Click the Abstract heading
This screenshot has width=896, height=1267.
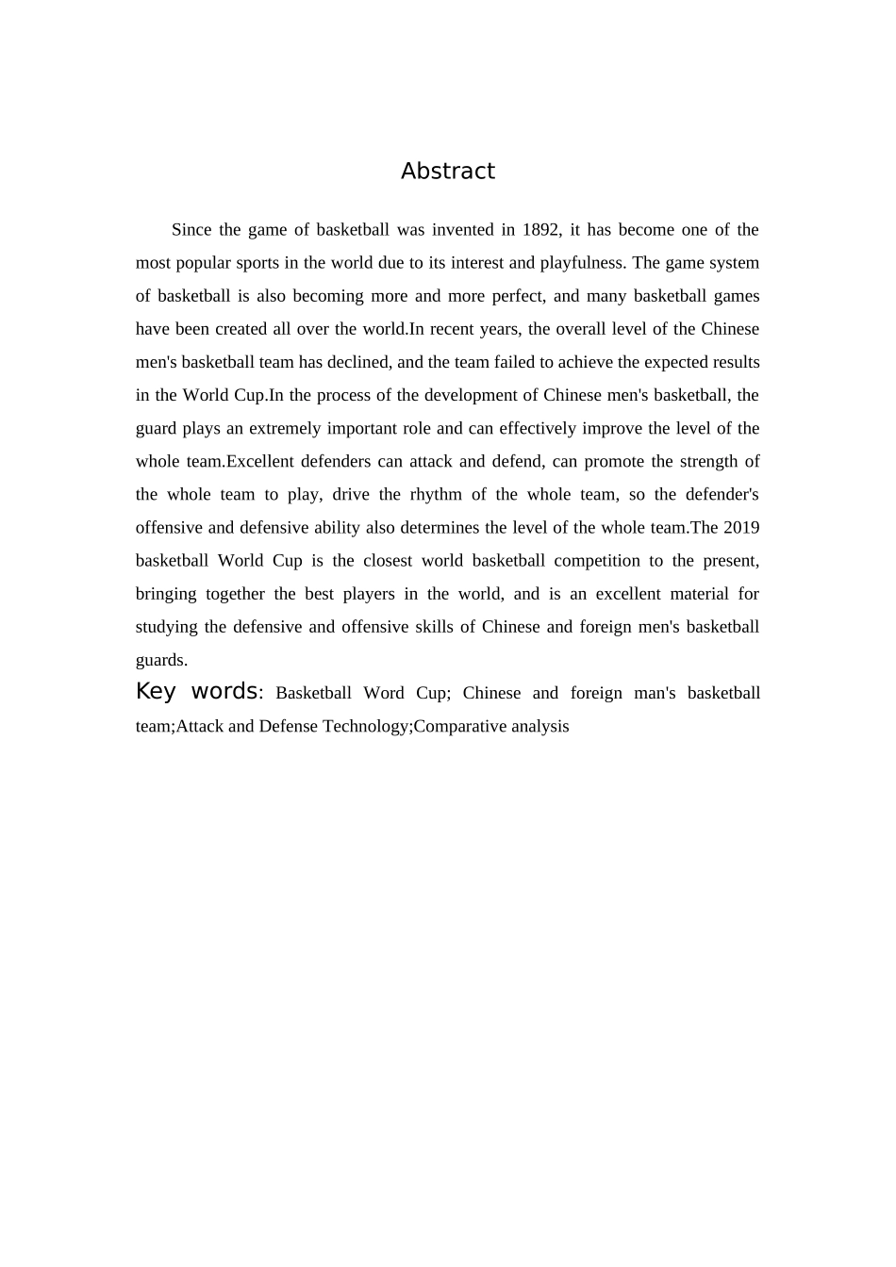(447, 172)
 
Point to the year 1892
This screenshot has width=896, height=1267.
(541, 230)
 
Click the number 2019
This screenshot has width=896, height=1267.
(741, 528)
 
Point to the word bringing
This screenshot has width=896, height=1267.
(166, 594)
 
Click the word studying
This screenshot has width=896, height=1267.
(166, 627)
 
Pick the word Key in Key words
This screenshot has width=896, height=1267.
(156, 692)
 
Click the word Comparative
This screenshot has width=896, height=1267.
(457, 726)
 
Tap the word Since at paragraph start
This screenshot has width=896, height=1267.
(191, 230)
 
